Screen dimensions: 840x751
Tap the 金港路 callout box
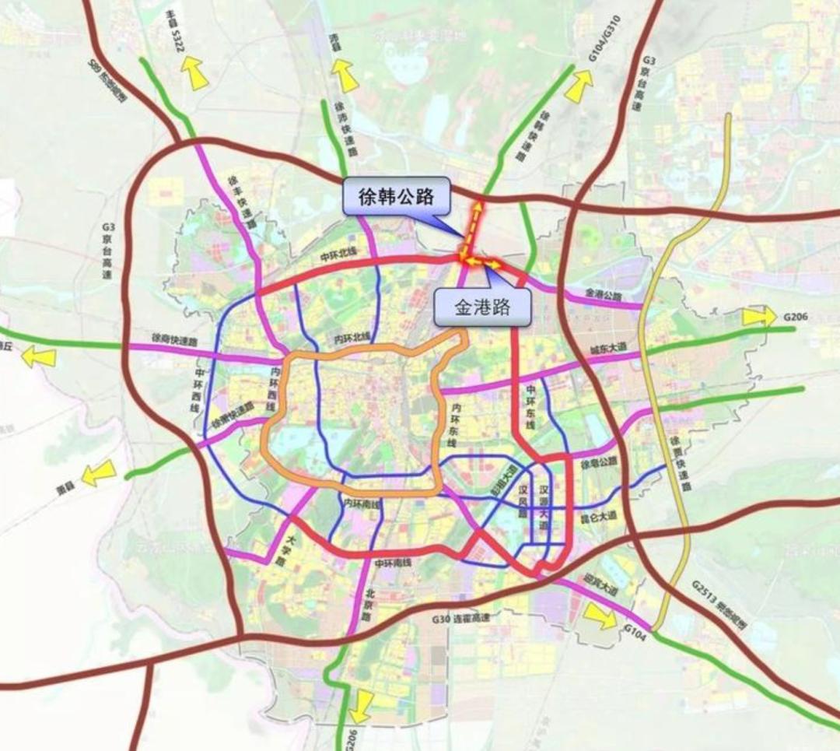pos(481,307)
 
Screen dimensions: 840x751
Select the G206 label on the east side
pos(797,317)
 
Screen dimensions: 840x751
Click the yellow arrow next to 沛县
pos(345,76)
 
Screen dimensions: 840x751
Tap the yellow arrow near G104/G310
pos(578,86)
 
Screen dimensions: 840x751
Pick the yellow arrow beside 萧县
pos(99,472)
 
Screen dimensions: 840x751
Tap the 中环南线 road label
pos(393,563)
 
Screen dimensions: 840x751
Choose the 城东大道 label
pos(607,351)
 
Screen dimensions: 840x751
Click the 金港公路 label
pos(604,296)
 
